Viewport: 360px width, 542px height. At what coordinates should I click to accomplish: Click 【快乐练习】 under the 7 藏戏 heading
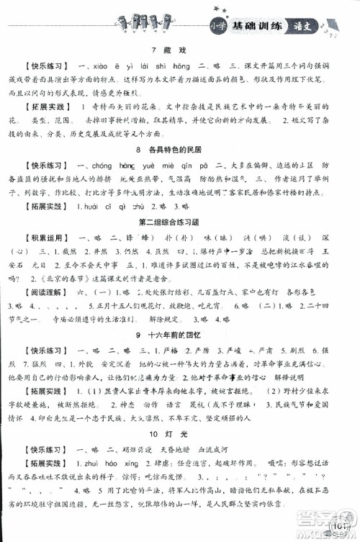[x=45, y=64]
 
